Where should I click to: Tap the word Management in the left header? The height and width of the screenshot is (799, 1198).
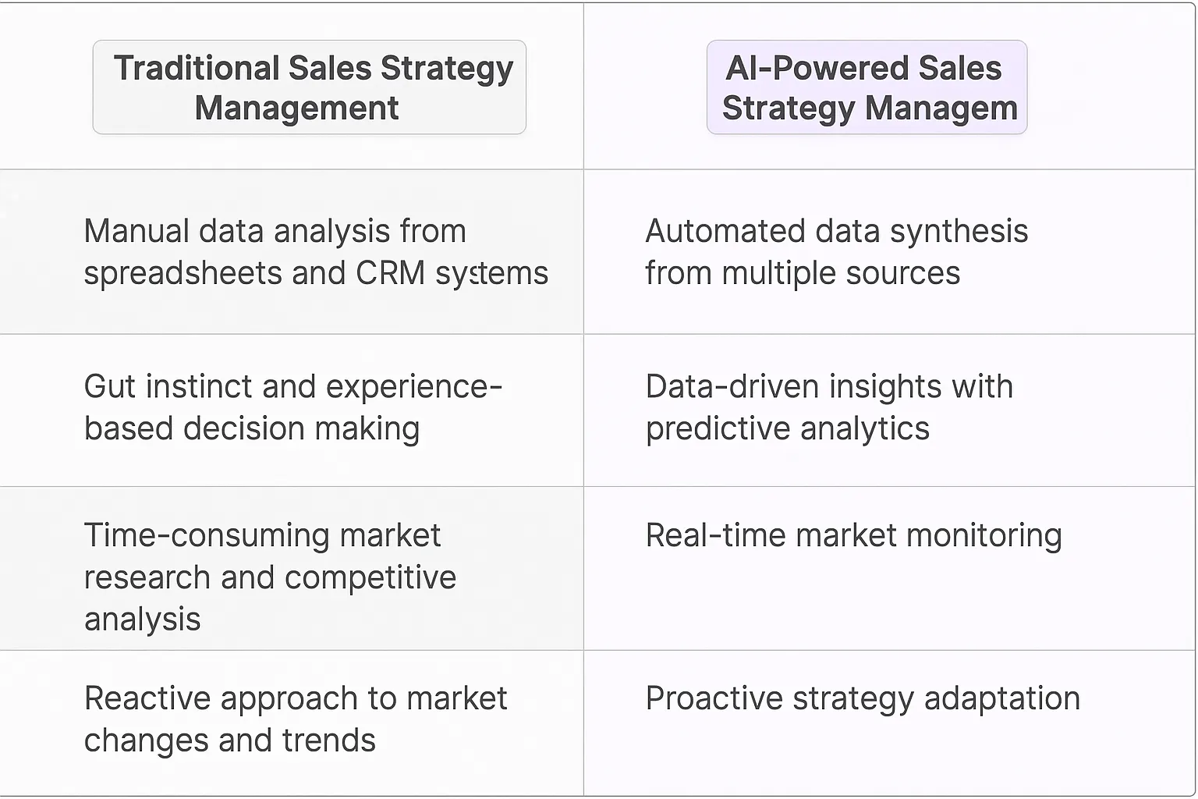296,108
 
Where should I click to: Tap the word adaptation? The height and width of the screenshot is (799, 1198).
1001,699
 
